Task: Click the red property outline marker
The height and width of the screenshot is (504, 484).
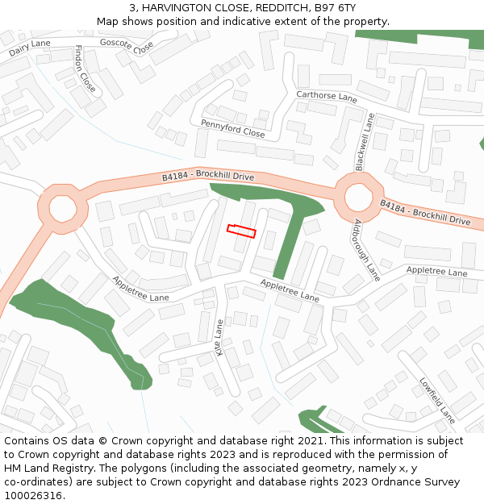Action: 241,231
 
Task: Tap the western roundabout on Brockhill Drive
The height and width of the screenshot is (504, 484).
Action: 62,208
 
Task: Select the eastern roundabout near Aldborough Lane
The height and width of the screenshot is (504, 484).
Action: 356,198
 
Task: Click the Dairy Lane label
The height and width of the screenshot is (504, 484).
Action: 30,48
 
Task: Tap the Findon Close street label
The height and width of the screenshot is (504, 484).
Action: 85,69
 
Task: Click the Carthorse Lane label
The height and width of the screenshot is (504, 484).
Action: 327,97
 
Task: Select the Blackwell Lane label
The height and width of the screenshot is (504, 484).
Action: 365,142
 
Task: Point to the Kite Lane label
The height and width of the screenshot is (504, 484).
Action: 219,337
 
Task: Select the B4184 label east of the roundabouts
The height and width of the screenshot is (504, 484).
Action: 425,214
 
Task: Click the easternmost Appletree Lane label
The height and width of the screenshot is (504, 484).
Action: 436,272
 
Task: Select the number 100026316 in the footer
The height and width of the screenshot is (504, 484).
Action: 34,495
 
